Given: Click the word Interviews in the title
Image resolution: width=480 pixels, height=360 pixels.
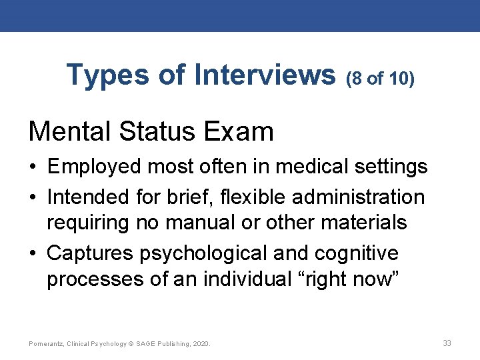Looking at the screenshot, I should [265, 75].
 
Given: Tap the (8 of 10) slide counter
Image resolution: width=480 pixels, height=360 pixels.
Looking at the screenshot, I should [381, 79].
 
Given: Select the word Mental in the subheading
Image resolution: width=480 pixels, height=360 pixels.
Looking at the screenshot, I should [70, 131].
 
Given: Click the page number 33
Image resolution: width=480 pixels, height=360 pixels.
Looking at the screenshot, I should [447, 343].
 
